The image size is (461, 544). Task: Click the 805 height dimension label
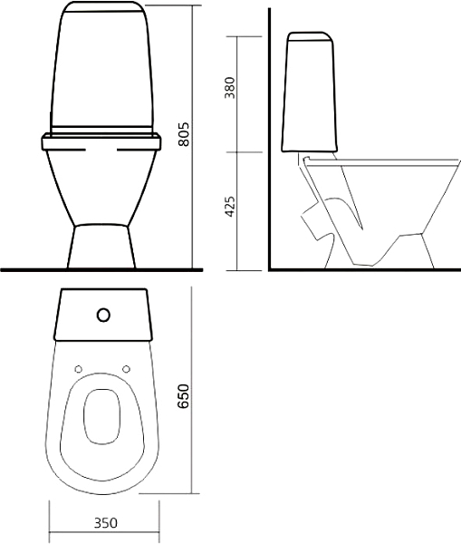click(184, 134)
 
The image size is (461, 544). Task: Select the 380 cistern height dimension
click(230, 88)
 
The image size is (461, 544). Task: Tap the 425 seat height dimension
click(230, 207)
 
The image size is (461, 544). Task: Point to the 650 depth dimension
click(183, 396)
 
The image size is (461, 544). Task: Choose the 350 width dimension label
click(106, 523)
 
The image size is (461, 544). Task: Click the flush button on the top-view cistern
click(103, 315)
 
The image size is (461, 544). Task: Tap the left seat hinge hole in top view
click(79, 369)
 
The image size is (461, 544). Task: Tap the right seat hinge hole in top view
click(127, 369)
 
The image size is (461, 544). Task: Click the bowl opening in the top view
click(102, 417)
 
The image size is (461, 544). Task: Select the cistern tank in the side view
click(310, 92)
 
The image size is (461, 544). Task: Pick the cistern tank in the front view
click(101, 68)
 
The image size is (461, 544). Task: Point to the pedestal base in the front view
click(101, 246)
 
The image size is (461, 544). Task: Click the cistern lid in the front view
click(101, 6)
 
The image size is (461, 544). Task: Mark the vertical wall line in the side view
click(269, 139)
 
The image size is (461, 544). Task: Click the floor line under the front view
click(101, 269)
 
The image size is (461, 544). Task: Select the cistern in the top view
click(103, 315)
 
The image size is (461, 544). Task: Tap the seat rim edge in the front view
click(101, 143)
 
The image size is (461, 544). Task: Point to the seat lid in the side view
click(381, 161)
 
